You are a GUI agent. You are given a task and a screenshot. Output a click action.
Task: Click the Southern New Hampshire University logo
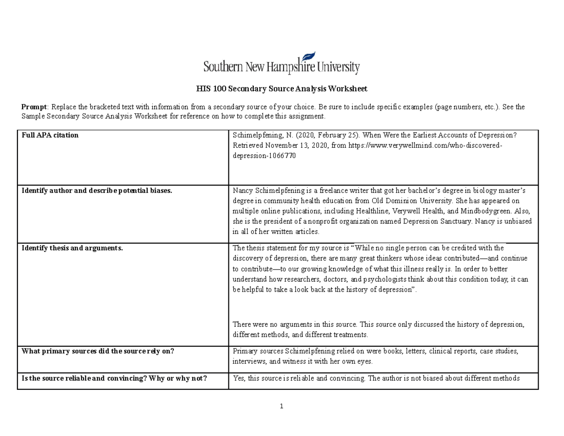[x=282, y=63]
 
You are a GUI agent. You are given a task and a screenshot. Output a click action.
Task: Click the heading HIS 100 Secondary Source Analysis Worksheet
[x=282, y=88]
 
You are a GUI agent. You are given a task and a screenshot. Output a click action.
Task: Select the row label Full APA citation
[x=50, y=135]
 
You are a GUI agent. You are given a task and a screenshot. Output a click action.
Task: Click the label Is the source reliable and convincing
[x=114, y=378]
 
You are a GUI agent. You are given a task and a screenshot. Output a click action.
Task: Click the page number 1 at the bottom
[x=281, y=406]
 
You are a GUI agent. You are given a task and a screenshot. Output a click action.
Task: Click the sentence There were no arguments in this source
[x=295, y=325]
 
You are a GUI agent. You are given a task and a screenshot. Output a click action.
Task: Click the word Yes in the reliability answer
[x=238, y=378]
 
